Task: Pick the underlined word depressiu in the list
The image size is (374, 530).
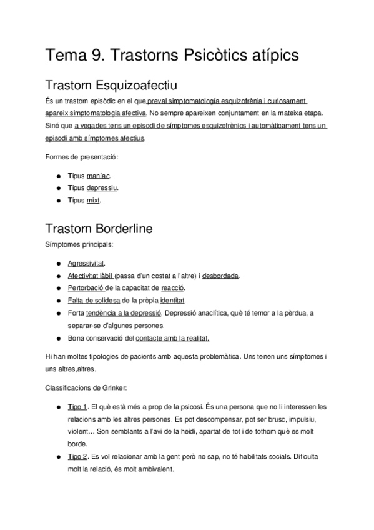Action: pyautogui.click(x=102, y=187)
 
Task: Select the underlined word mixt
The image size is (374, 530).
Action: pyautogui.click(x=93, y=200)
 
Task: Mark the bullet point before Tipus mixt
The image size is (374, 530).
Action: pyautogui.click(x=57, y=200)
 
